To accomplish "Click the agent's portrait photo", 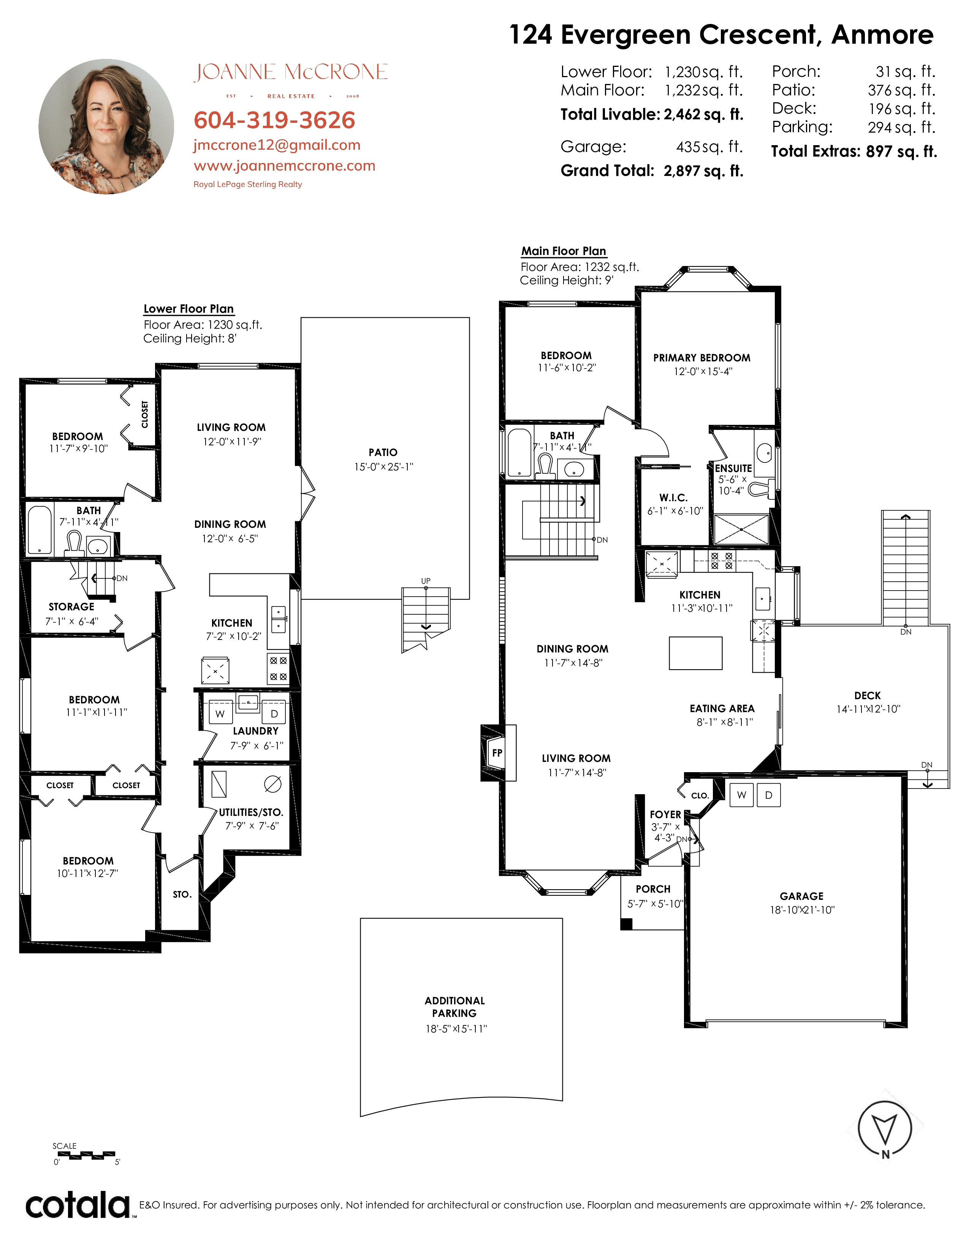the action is [106, 126].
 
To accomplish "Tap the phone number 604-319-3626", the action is [274, 120].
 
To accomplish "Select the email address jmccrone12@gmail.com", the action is [277, 145].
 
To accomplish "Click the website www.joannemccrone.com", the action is [284, 166].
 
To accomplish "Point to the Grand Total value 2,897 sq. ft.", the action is [703, 171].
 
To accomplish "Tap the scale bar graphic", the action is [86, 1155].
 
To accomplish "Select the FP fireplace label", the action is [497, 753].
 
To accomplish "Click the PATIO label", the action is [383, 453].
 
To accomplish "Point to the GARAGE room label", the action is [801, 896].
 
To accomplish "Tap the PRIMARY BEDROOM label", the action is [701, 358].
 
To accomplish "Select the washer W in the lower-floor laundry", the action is [220, 714].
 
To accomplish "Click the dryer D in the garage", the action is [769, 795].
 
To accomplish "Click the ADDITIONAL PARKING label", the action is [454, 1007].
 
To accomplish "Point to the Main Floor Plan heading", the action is [564, 251].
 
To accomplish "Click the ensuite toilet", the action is [761, 489].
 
